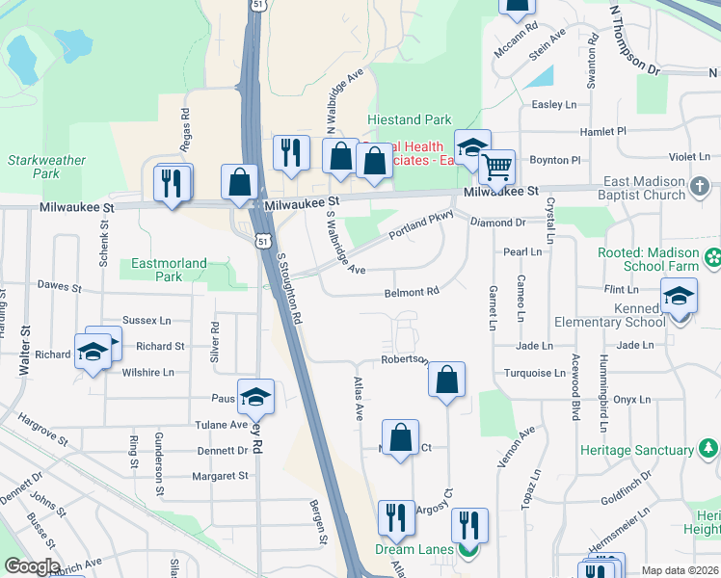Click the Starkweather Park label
(45, 168)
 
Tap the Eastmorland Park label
(157, 270)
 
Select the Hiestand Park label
(409, 120)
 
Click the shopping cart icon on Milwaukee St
(496, 167)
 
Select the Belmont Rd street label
(412, 292)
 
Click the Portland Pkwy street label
(420, 225)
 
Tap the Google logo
(31, 566)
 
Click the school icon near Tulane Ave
(255, 396)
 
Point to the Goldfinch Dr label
(628, 500)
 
